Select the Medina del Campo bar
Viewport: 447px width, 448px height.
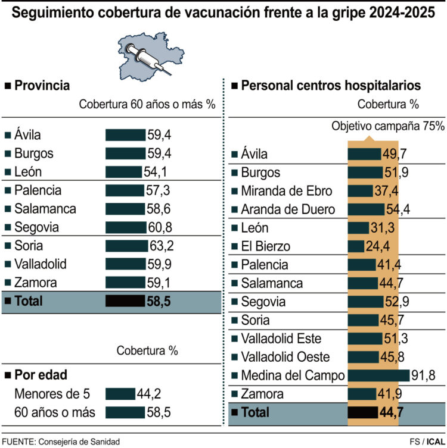[x=378, y=375]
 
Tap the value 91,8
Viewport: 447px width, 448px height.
[x=423, y=375]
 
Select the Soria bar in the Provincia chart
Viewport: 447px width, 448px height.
[x=126, y=246]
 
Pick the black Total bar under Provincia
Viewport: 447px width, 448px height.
[x=125, y=301]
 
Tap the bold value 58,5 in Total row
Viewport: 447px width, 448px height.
[x=159, y=301]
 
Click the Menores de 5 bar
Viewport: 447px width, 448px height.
[x=120, y=394]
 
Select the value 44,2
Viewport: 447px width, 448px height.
[x=148, y=394]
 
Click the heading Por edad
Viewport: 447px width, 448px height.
[x=40, y=375]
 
